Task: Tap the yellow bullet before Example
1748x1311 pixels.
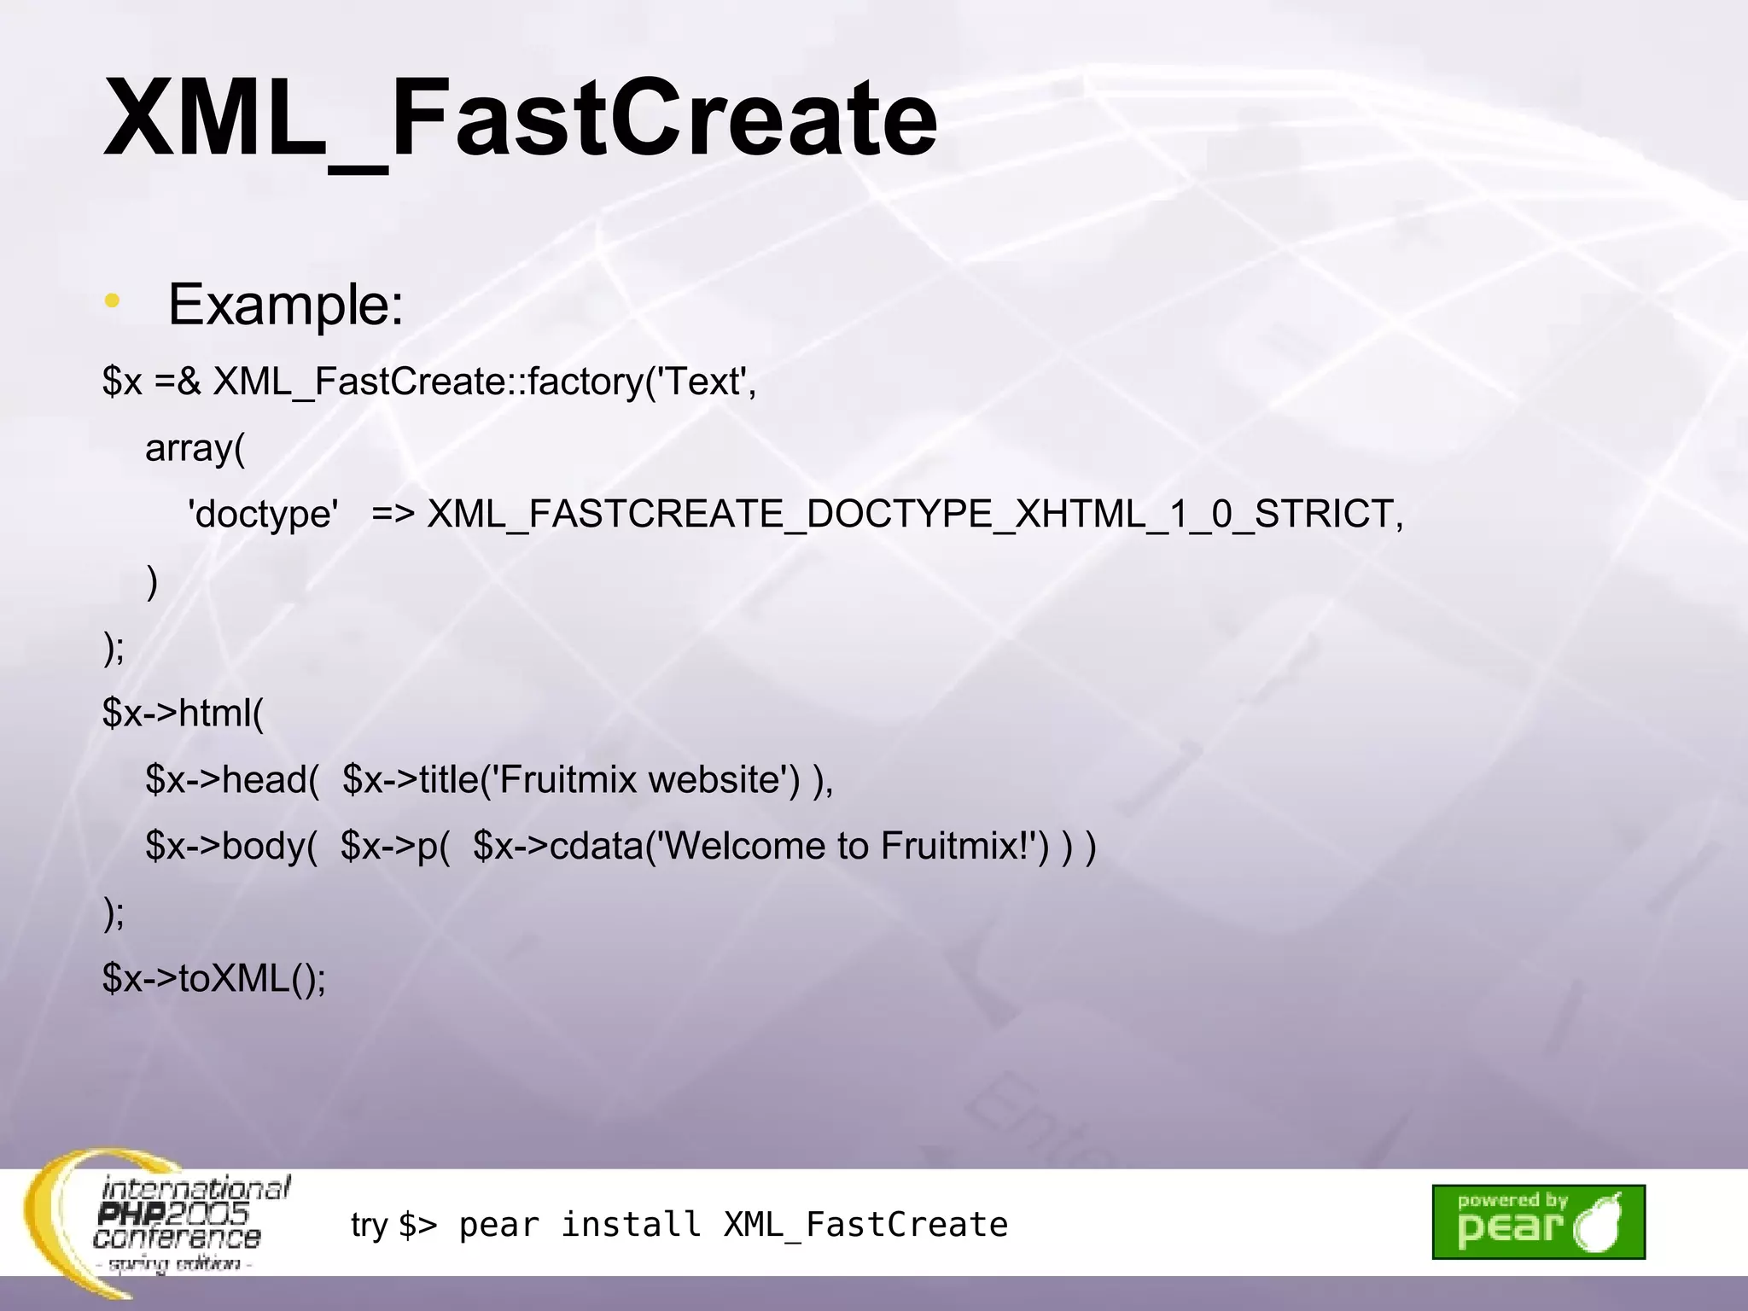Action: [112, 301]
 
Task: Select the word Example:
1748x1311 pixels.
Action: [285, 305]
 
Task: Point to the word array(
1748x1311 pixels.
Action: [195, 448]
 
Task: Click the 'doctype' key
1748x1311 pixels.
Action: [263, 515]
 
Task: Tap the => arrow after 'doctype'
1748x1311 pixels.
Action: [393, 515]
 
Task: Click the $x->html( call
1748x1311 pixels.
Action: [184, 713]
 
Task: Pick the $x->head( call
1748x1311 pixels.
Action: [232, 779]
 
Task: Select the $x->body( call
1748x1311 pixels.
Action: [231, 846]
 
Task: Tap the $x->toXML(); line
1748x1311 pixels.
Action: [214, 978]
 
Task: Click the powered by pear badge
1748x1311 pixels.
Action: [1538, 1221]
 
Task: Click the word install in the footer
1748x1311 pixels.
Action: [631, 1225]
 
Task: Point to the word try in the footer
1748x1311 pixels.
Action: [369, 1226]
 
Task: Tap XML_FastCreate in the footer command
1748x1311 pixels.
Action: [865, 1225]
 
